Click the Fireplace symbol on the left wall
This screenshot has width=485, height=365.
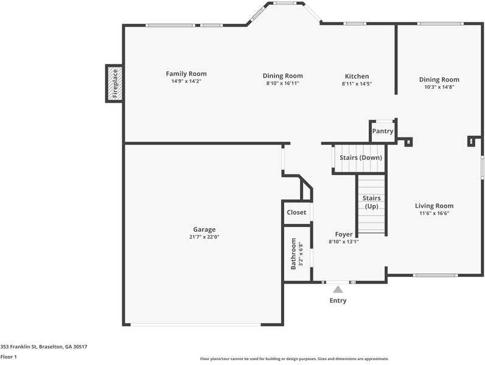tap(114, 83)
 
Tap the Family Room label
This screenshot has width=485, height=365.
tap(186, 74)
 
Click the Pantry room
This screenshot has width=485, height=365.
tap(383, 131)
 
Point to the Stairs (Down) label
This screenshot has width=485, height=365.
tap(361, 158)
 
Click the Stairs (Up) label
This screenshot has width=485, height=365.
tap(371, 202)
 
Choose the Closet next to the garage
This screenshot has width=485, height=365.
tap(296, 212)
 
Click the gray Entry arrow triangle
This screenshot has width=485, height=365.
tap(338, 290)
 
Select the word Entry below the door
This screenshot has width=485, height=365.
tap(338, 301)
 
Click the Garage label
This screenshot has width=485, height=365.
tap(204, 229)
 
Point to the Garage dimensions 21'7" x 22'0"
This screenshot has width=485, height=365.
tap(204, 237)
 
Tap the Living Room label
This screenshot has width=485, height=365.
tap(434, 206)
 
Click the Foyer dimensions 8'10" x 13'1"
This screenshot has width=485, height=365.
tap(344, 242)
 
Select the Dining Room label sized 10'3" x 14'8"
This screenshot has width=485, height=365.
tap(439, 79)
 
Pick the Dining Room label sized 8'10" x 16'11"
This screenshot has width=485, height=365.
tap(282, 76)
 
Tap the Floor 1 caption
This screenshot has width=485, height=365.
tap(9, 356)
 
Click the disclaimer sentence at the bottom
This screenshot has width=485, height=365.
tap(294, 359)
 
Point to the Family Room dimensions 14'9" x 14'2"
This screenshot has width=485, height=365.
tap(186, 81)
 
